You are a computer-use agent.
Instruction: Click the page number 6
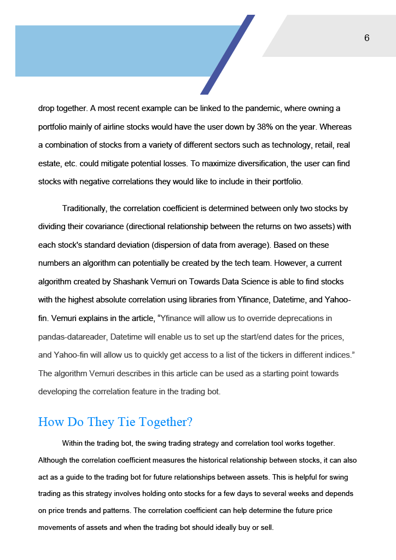[366, 38]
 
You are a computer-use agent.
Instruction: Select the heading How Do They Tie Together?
[115, 422]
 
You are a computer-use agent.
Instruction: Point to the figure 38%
[266, 127]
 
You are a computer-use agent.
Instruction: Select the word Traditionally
[85, 208]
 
